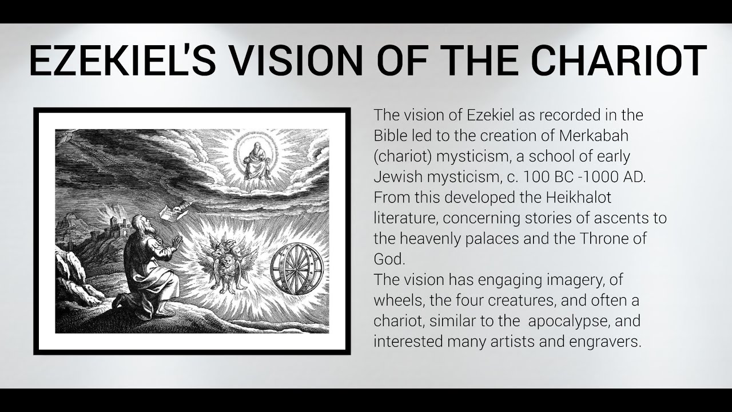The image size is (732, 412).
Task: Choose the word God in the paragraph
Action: (389, 259)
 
